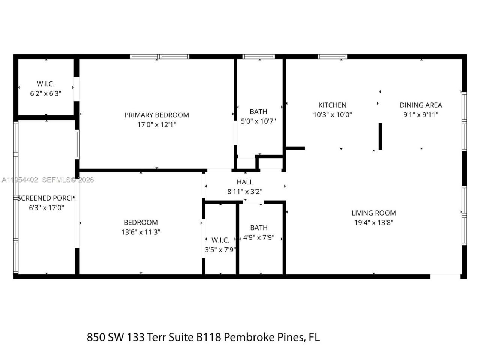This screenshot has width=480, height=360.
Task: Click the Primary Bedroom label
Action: tap(156, 115)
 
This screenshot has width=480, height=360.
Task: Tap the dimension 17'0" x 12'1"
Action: tap(156, 124)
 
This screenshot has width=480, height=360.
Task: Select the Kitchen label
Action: tap(332, 105)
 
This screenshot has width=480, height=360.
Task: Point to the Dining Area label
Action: tap(420, 105)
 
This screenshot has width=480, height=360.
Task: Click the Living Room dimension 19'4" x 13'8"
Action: tap(373, 222)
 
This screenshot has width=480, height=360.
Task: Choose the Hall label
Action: tap(245, 182)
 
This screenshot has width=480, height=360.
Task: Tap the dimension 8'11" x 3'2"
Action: tap(245, 192)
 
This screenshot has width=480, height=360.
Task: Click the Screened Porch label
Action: tap(46, 198)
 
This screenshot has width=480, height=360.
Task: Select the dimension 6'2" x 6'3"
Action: tap(45, 93)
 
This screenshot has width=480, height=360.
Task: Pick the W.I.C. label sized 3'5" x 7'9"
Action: tap(220, 240)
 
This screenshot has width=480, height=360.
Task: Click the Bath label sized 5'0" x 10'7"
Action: tap(258, 111)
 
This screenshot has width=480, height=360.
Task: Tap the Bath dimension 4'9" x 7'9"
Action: tap(259, 237)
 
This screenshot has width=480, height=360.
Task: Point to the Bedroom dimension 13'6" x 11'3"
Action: tap(141, 232)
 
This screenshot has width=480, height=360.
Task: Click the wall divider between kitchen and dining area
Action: tap(380, 136)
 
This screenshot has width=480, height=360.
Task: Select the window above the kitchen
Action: tap(332, 57)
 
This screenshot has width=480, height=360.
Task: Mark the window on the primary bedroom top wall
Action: tap(160, 57)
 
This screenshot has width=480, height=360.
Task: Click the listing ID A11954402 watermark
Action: tap(19, 180)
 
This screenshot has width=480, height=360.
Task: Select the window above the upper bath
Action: tap(259, 57)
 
